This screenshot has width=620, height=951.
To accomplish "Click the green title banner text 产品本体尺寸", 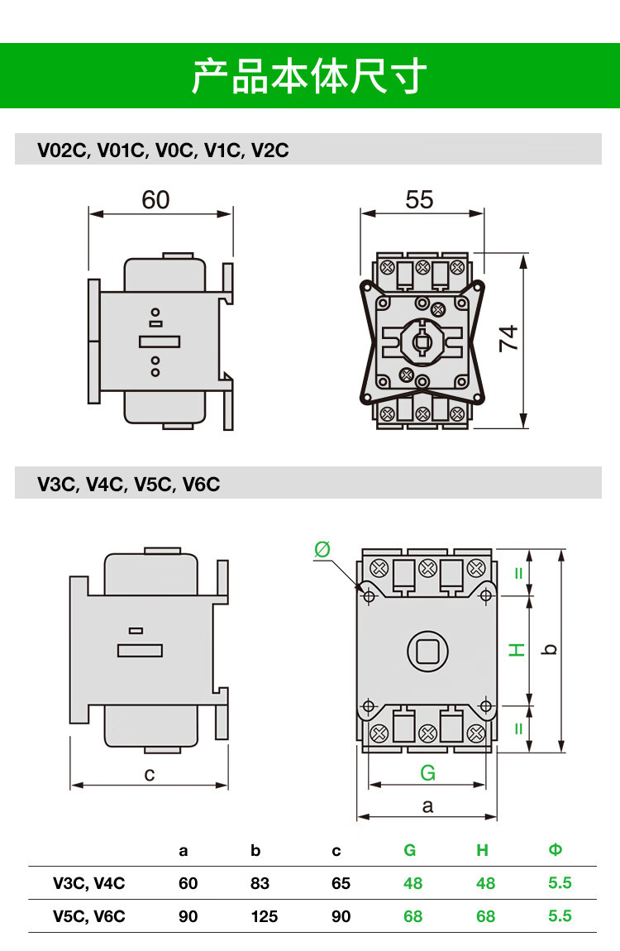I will pyautogui.click(x=309, y=76).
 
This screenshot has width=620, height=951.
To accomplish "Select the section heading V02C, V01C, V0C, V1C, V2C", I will pyautogui.click(x=163, y=151).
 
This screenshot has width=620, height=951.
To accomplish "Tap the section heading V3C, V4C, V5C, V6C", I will pyautogui.click(x=129, y=485).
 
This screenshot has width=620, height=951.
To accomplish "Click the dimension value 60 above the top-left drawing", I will pyautogui.click(x=155, y=200).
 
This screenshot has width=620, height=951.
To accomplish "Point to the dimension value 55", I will pyautogui.click(x=419, y=200).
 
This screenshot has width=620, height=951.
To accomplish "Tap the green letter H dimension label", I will pyautogui.click(x=517, y=650).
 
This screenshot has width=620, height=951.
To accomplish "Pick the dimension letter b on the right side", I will pyautogui.click(x=551, y=650).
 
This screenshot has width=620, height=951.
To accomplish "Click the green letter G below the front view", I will pyautogui.click(x=427, y=773).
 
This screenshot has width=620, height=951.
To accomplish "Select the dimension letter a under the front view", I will pyautogui.click(x=427, y=805).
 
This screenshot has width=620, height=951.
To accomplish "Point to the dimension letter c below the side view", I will pyautogui.click(x=150, y=774).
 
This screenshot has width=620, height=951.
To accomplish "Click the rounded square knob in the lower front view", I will pyautogui.click(x=427, y=651).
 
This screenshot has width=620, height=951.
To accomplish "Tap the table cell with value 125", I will pyautogui.click(x=264, y=916).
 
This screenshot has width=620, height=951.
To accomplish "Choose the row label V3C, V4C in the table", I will pyautogui.click(x=89, y=883).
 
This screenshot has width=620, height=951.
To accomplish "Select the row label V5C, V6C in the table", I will pyautogui.click(x=89, y=916).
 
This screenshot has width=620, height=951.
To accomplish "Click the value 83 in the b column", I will pyautogui.click(x=260, y=883).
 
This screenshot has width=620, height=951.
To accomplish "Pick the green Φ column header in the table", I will pyautogui.click(x=556, y=850).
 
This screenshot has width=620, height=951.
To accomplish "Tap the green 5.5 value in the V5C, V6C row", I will pyautogui.click(x=560, y=916).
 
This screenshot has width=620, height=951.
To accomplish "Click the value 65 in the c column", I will pyautogui.click(x=341, y=883).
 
